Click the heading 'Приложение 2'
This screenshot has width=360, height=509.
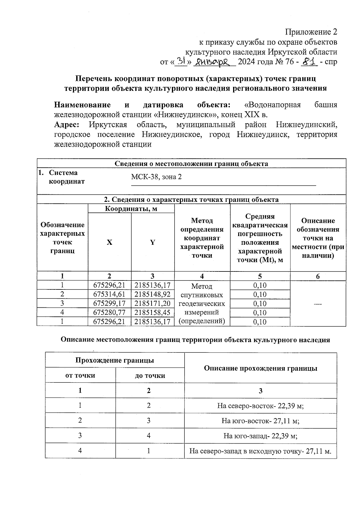coord(311,32)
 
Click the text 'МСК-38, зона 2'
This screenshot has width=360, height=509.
coord(156,177)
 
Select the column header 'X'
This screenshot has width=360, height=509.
coord(109,242)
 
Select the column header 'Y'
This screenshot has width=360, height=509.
coord(153,242)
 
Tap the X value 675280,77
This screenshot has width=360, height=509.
coord(109,313)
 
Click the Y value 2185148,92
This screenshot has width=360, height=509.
coord(153,294)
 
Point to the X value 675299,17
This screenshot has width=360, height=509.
coord(109,304)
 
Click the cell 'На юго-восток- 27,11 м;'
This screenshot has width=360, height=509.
coord(260,421)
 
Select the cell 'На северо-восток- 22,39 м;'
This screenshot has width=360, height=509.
coord(260,406)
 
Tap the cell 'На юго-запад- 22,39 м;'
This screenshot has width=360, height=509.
coord(260,436)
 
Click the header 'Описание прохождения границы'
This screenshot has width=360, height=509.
coord(260,368)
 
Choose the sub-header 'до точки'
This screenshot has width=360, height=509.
coord(150,376)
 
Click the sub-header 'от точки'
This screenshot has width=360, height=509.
coord(80,376)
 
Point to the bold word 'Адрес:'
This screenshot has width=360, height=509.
coord(67,124)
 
